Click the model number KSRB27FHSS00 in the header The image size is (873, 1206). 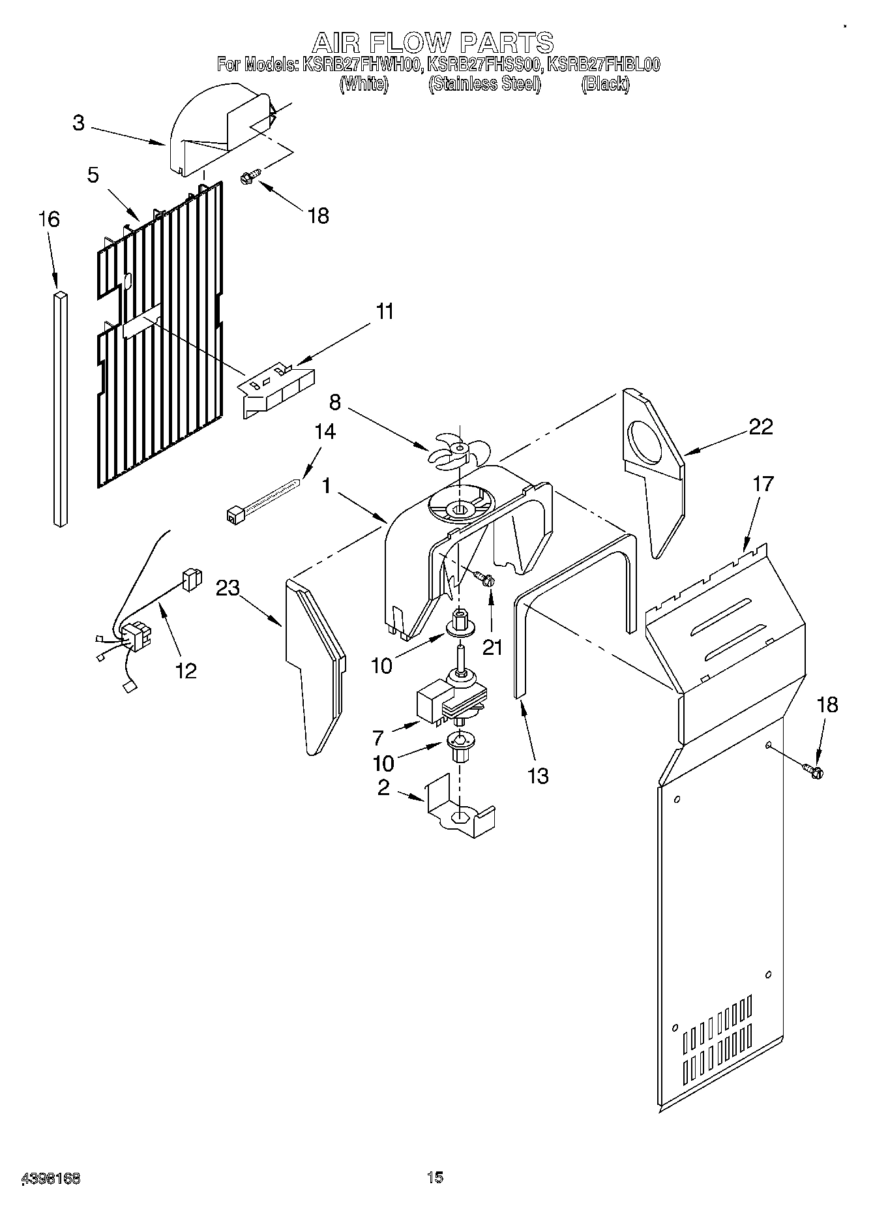484,65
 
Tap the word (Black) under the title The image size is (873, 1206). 605,83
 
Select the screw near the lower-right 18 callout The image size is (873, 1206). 814,771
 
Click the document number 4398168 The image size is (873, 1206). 51,1179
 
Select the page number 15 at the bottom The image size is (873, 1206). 435,1177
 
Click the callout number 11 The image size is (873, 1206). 385,312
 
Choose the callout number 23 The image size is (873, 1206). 228,588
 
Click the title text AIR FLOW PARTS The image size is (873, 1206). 433,43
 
